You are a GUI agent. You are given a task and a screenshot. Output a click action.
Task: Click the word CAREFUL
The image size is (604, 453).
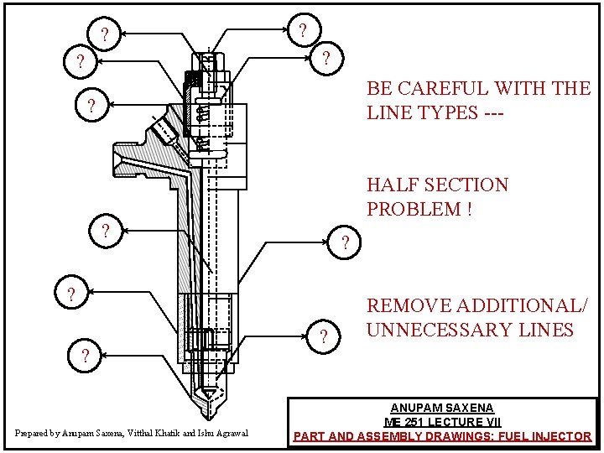pyautogui.click(x=435, y=89)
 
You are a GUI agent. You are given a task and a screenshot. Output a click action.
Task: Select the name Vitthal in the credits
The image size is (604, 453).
pyautogui.click(x=143, y=434)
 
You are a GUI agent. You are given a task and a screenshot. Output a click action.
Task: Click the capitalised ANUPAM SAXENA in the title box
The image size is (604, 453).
pyautogui.click(x=441, y=409)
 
